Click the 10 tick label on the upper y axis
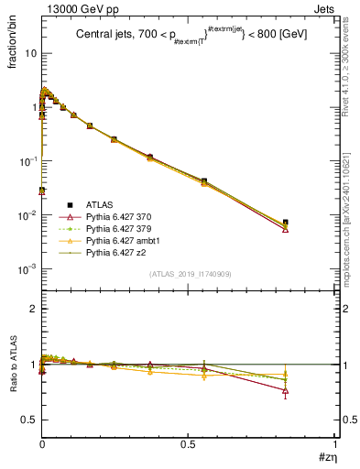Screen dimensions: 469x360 tap(30, 53)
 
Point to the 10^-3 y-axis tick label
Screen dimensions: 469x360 tap(27, 268)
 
